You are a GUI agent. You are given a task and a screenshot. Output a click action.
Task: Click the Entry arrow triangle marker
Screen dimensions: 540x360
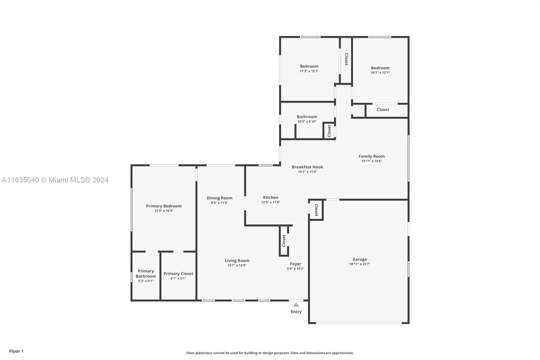(296, 305)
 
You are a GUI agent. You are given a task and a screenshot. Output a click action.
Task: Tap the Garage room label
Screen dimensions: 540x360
(360, 259)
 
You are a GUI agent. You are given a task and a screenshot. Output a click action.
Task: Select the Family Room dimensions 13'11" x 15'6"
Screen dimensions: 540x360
(372, 161)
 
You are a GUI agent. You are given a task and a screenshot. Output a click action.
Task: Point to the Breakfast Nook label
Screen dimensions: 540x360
(307, 167)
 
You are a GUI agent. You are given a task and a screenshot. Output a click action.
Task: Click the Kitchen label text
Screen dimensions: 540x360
(270, 197)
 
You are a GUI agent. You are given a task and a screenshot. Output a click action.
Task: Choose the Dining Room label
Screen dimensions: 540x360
(220, 198)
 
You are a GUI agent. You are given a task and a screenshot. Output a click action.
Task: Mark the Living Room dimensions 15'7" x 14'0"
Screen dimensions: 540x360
(237, 265)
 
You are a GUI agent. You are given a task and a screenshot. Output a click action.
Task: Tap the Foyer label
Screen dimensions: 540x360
(296, 264)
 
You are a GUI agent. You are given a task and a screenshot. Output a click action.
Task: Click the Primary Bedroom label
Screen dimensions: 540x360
(164, 206)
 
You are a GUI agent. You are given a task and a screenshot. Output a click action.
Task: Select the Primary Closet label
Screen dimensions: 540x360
(179, 274)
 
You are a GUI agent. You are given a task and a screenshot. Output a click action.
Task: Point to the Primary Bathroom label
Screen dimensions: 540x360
(146, 274)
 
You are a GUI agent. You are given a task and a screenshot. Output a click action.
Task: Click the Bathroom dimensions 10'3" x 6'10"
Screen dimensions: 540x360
(307, 122)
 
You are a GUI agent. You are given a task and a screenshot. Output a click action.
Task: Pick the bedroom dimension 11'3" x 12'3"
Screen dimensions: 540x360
(309, 71)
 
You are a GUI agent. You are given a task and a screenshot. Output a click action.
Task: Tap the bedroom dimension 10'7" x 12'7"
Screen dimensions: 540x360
(380, 73)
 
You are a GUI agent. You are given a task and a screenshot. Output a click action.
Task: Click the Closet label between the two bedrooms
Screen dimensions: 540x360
(346, 59)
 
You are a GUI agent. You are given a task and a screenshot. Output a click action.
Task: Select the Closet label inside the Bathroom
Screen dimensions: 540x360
(329, 131)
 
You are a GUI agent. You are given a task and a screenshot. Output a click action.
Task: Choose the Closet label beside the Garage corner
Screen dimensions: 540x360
(316, 210)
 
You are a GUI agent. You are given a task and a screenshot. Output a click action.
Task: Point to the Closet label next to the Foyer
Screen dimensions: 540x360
(284, 241)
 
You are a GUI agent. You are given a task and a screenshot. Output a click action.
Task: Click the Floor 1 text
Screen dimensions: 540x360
(16, 351)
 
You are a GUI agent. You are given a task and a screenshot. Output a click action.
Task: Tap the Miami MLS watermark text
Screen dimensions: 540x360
(55, 180)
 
